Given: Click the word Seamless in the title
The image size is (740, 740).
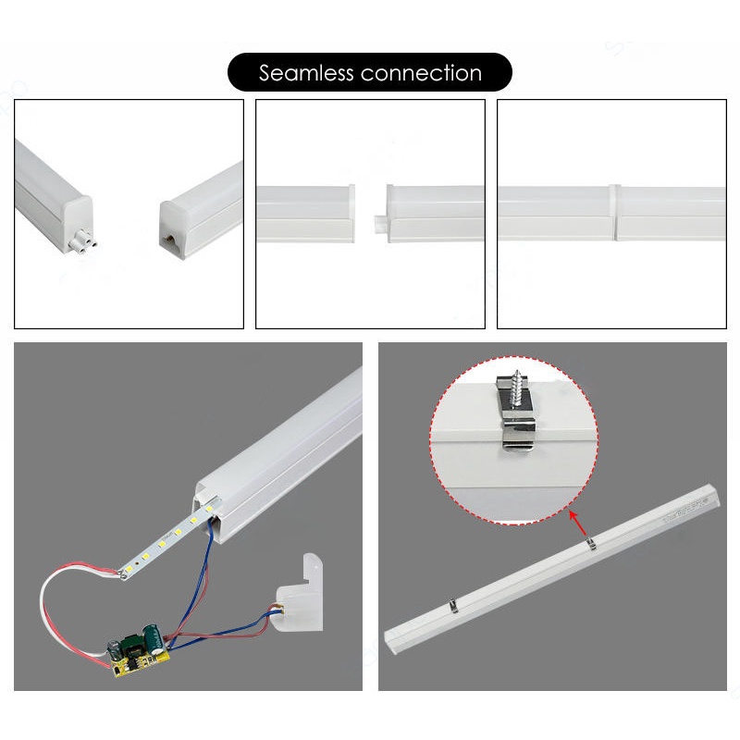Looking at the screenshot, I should [306, 73].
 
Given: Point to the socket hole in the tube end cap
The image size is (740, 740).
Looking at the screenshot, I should [172, 239].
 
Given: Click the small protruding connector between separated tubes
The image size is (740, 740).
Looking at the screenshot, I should [377, 223].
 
